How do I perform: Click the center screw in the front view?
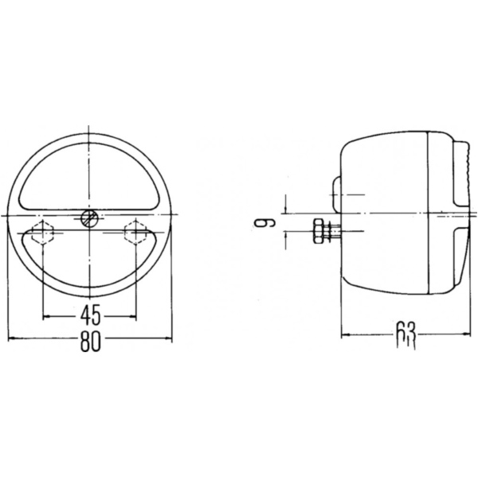point(90,217)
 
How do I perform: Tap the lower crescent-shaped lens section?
point(90,263)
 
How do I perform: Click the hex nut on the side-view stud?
point(320,232)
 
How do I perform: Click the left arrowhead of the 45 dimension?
point(46,317)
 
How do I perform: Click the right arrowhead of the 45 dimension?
point(134,317)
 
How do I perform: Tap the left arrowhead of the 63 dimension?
point(344,335)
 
